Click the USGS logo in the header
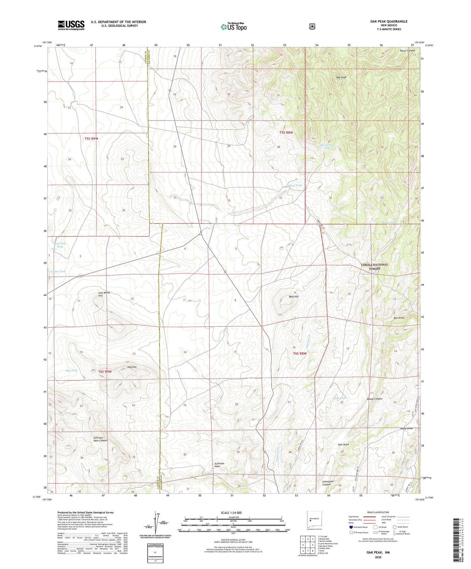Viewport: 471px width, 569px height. coord(71,25)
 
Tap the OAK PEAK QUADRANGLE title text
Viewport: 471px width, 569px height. coord(388,21)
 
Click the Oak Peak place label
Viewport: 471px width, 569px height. coord(341,77)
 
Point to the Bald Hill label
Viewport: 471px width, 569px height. coord(294,297)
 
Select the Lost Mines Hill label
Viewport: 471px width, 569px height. coord(104,294)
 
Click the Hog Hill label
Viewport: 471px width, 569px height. coord(132,367)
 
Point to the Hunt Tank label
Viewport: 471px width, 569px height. coord(295,185)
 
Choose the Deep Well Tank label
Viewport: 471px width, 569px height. coord(59,245)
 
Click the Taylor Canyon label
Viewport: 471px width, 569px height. coord(407,51)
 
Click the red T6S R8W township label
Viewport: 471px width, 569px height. coord(300,353)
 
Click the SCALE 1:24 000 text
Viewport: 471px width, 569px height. coord(233,513)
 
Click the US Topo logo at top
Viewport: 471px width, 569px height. coord(234,27)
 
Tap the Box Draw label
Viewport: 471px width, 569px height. coord(399,318)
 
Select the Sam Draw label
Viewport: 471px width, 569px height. coord(343,445)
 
